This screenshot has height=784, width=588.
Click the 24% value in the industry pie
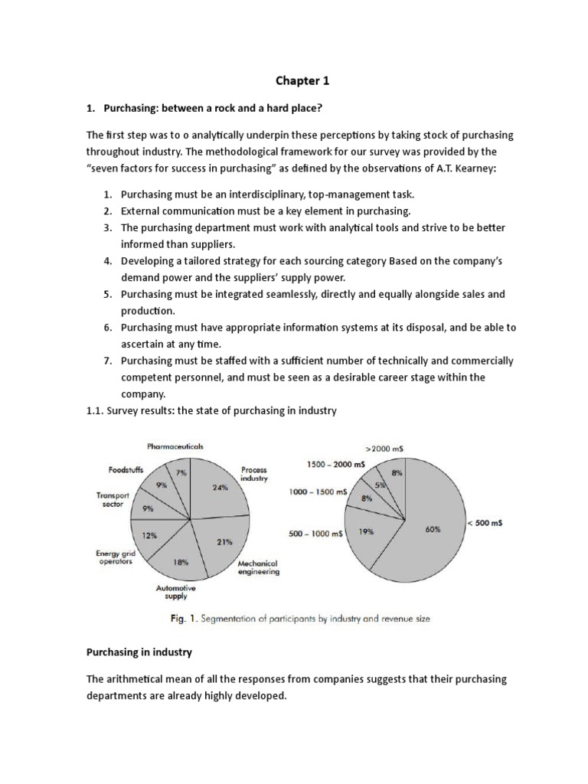(x=220, y=487)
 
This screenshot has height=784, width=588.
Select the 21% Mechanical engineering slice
(x=224, y=542)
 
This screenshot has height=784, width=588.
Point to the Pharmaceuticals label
(x=175, y=446)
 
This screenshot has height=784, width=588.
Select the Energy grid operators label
(x=113, y=557)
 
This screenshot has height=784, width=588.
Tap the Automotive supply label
(x=176, y=592)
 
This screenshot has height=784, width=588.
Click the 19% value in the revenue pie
(x=365, y=531)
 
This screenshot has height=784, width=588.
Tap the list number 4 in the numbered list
(x=108, y=261)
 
